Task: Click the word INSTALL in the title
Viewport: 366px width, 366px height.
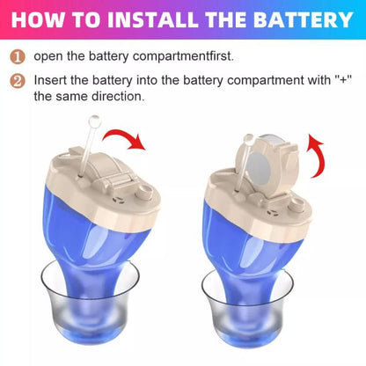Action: [x=135, y=18]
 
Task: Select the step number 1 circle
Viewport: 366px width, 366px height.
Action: [x=18, y=56]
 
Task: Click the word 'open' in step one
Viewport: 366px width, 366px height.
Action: [x=49, y=56]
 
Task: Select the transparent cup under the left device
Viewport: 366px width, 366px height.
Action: [x=86, y=308]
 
